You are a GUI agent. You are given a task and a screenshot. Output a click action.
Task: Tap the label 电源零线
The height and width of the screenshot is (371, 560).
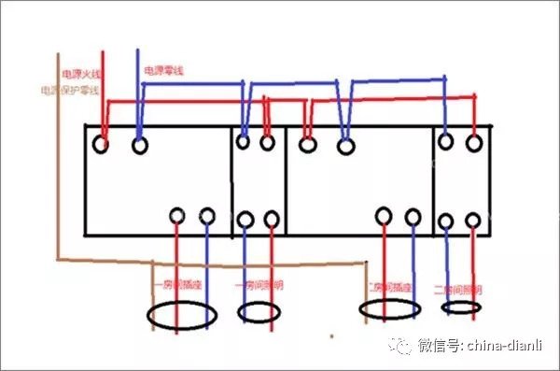(162, 71)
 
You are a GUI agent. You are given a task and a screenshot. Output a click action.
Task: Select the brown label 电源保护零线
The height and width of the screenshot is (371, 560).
(65, 92)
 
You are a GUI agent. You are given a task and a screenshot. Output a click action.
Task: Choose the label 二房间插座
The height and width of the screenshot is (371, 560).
(388, 286)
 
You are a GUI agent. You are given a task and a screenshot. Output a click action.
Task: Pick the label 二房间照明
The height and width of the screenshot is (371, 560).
(455, 289)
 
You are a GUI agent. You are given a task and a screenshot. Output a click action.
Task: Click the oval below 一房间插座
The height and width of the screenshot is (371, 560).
(182, 316)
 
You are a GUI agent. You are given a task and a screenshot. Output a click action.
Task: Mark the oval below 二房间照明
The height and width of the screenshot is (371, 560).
(461, 307)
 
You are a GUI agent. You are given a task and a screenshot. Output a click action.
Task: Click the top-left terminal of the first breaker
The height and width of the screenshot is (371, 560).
(101, 145)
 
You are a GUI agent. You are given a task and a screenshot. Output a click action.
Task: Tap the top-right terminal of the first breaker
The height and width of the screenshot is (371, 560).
(140, 145)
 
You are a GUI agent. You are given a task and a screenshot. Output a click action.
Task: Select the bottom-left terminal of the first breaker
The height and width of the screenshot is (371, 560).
(177, 217)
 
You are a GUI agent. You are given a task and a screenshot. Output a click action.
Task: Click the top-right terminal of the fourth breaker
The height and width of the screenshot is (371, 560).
(474, 141)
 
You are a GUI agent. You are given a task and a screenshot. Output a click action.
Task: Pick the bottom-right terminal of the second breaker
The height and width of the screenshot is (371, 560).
(272, 220)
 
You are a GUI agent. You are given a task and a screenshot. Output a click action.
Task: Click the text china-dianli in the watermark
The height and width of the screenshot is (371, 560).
(505, 345)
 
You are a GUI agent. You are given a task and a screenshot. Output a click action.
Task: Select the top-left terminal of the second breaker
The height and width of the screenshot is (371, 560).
(244, 143)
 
